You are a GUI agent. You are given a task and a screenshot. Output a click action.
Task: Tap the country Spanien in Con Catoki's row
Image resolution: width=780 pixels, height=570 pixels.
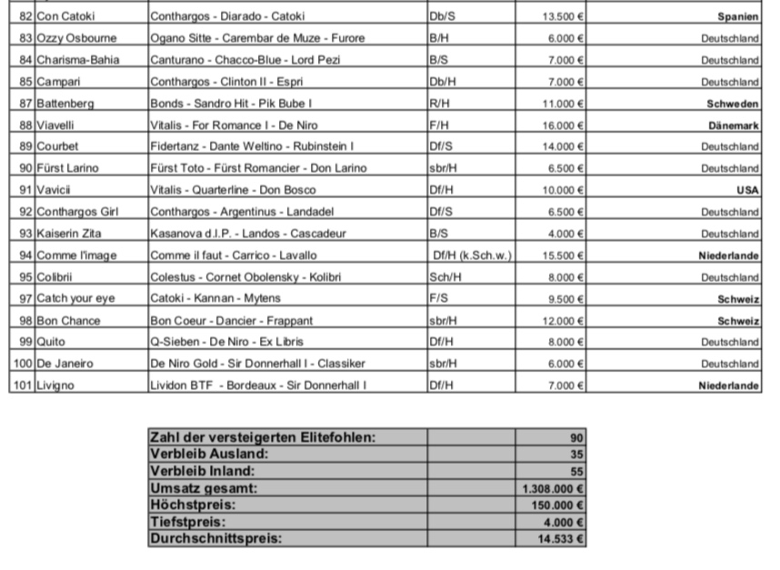pyautogui.click(x=737, y=16)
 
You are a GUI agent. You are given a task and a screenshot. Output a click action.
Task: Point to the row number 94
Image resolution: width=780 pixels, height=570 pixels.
pyautogui.click(x=25, y=255)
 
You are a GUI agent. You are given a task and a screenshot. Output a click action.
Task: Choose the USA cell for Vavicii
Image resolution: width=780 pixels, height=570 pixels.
pyautogui.click(x=747, y=190)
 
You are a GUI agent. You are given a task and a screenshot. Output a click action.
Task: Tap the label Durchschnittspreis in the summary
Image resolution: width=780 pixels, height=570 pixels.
pyautogui.click(x=215, y=538)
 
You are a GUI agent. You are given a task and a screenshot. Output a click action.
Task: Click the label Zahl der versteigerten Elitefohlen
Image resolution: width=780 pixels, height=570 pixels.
pyautogui.click(x=262, y=437)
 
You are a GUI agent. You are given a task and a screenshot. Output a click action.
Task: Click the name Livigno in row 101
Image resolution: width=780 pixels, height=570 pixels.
pyautogui.click(x=55, y=385)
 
